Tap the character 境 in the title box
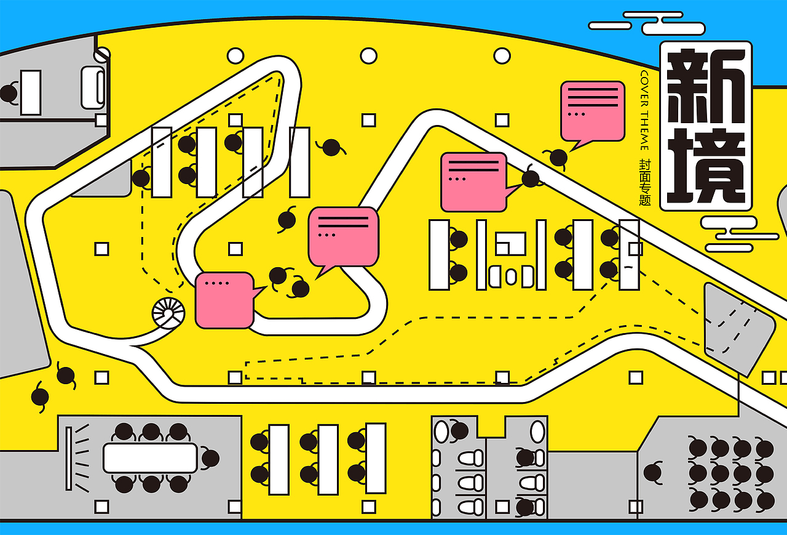tap(706, 166)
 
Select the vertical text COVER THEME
tap(644, 110)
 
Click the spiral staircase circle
tap(168, 313)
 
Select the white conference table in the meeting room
tap(150, 458)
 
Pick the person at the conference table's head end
tap(210, 459)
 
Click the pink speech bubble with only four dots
tap(224, 300)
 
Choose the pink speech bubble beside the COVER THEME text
tap(592, 111)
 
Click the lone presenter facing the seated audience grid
tap(653, 473)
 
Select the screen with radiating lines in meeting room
tap(69, 457)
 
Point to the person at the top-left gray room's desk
tap(9, 94)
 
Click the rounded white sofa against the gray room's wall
tap(93, 87)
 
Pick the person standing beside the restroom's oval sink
tap(459, 430)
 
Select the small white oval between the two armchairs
tap(511, 276)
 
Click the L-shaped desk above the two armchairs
tap(510, 243)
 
